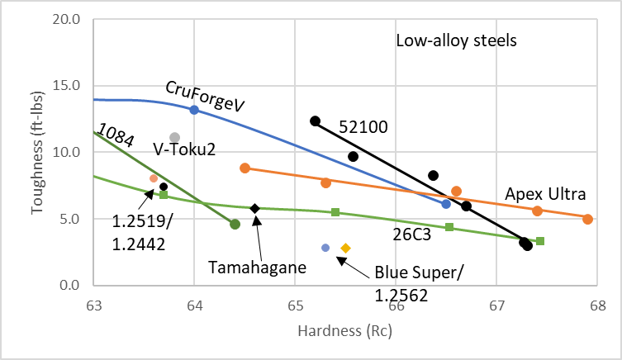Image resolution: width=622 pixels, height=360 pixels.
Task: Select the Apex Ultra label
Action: click(x=545, y=195)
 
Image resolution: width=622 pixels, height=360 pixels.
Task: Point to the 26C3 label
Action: click(x=410, y=234)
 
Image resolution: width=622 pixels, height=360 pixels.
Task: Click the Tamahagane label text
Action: click(x=245, y=267)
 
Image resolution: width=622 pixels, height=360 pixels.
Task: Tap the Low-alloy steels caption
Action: click(x=456, y=40)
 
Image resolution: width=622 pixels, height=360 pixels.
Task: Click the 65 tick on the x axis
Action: click(x=295, y=304)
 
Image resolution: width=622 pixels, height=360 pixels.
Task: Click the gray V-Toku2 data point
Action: click(x=174, y=137)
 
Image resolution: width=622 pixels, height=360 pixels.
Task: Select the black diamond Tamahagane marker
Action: click(x=255, y=208)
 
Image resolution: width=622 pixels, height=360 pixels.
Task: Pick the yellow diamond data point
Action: click(x=346, y=248)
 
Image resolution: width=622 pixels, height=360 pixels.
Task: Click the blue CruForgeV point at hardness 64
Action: click(x=194, y=110)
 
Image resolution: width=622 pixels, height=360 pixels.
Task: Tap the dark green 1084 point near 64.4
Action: click(x=235, y=224)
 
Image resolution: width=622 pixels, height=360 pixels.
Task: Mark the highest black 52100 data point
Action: click(x=315, y=121)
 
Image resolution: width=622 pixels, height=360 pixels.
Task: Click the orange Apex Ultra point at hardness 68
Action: click(x=587, y=219)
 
